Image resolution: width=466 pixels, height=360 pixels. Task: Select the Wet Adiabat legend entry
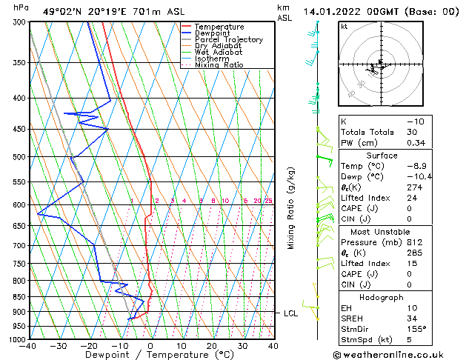pyautogui.click(x=218, y=53)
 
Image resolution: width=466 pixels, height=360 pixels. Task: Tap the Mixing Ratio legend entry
pyautogui.click(x=219, y=65)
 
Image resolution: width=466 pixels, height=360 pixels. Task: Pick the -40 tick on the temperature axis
pyautogui.click(x=28, y=346)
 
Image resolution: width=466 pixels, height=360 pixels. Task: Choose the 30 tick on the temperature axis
pyautogui.click(x=242, y=346)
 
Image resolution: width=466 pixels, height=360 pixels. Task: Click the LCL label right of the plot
pyautogui.click(x=290, y=313)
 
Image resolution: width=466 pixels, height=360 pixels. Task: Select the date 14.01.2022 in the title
pyautogui.click(x=336, y=11)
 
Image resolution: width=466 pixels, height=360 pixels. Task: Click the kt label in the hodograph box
pyautogui.click(x=344, y=27)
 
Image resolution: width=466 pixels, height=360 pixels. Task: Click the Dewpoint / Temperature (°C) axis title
pyautogui.click(x=150, y=355)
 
